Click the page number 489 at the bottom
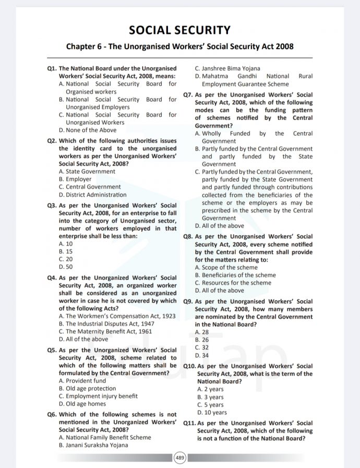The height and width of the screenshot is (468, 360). click(x=179, y=458)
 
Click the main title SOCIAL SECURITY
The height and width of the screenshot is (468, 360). click(x=179, y=30)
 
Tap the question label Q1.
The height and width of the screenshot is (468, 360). click(x=52, y=68)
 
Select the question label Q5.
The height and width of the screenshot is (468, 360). click(x=52, y=350)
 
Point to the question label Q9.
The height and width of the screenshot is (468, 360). click(x=188, y=302)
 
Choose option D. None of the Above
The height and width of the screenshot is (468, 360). click(x=88, y=130)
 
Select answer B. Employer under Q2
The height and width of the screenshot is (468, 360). click(x=75, y=179)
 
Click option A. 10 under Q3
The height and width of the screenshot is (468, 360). click(x=66, y=244)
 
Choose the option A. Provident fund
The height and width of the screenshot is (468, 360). click(x=82, y=381)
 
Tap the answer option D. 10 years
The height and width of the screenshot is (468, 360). click(x=210, y=413)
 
